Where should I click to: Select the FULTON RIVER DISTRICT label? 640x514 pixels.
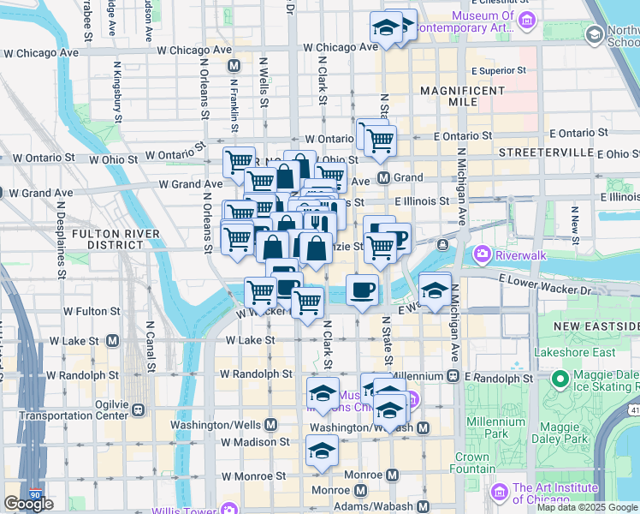pyautogui.click(x=116, y=239)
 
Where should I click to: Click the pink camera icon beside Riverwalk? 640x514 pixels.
pyautogui.click(x=483, y=254)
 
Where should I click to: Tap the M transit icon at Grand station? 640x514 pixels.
pyautogui.click(x=384, y=178)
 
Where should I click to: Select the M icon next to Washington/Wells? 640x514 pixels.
pyautogui.click(x=271, y=424)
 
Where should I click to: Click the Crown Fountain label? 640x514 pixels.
pyautogui.click(x=472, y=463)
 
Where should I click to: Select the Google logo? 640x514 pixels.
pyautogui.click(x=28, y=504)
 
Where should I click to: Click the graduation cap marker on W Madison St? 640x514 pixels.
pyautogui.click(x=322, y=449)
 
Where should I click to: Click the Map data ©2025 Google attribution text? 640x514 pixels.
pyautogui.click(x=587, y=507)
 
